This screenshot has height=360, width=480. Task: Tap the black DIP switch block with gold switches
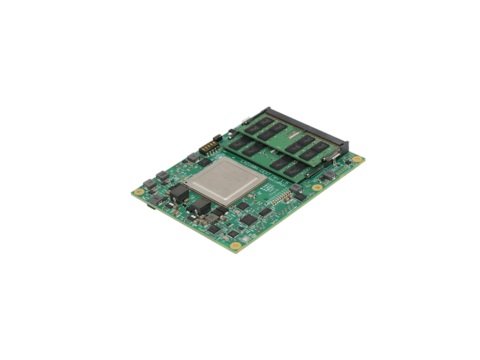point(209,147)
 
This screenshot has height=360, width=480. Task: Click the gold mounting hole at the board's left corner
point(139,192)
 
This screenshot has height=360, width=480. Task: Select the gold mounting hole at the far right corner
point(357,159)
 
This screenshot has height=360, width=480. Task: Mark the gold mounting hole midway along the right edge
point(317,187)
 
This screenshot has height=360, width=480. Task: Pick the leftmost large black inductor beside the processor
point(178,193)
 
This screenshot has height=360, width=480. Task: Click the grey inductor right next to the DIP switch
point(194,158)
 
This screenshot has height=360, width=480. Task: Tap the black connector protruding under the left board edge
point(150,206)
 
